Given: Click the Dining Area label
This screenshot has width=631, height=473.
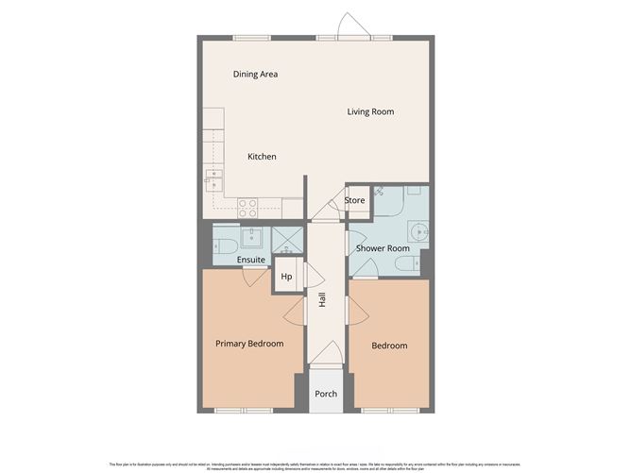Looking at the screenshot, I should [x=255, y=74].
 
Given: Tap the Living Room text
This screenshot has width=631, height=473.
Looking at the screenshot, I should [x=370, y=111].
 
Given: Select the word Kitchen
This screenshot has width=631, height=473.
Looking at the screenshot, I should [x=262, y=157].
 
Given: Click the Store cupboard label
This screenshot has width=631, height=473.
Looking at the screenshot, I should [x=355, y=200].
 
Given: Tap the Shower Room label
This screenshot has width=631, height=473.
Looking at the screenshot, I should [x=382, y=248].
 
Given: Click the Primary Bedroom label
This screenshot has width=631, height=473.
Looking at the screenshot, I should [x=249, y=344].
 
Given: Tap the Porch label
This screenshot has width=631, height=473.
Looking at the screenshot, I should [x=326, y=394].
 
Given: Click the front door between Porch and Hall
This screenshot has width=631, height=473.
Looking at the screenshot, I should [x=326, y=365].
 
